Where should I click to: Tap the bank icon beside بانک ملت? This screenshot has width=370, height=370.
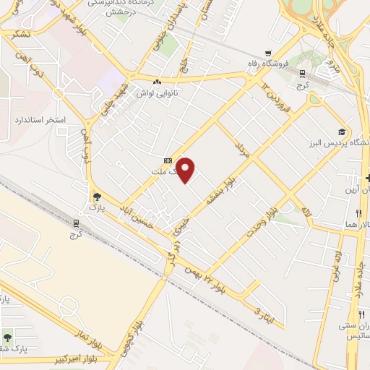(x=168, y=161)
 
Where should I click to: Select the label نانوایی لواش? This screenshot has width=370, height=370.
(x=166, y=92)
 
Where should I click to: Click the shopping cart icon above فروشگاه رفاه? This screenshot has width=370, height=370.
(x=269, y=52)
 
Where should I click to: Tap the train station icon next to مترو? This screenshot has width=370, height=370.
(x=302, y=72)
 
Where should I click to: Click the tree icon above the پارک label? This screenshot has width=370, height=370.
(x=96, y=195)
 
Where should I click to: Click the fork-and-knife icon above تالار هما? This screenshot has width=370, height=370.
(x=359, y=214)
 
